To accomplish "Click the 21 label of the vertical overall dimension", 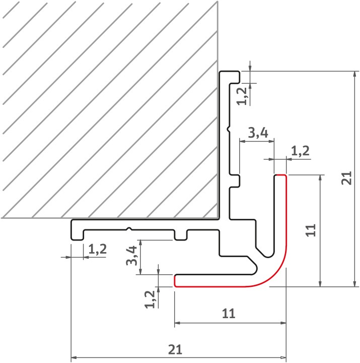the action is [x=346, y=178].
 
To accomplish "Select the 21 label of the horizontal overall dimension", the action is [x=175, y=349].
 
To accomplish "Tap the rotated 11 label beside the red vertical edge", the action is [x=311, y=230].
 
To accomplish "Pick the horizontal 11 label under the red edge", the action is [x=229, y=314].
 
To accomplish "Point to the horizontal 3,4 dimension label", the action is [x=258, y=133].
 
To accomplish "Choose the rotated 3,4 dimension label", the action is [x=131, y=255].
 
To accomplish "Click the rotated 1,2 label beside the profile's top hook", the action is [x=242, y=96].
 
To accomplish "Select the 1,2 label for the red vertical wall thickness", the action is [x=300, y=151].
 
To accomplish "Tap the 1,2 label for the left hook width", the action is [x=98, y=250].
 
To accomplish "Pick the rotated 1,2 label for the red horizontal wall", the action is [x=150, y=299].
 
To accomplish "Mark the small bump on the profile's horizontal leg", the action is [x=129, y=229].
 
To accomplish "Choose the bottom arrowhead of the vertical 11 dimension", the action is [x=320, y=283].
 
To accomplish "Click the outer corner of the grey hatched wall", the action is [x=218, y=218].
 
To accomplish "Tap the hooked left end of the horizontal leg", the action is [x=77, y=230].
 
